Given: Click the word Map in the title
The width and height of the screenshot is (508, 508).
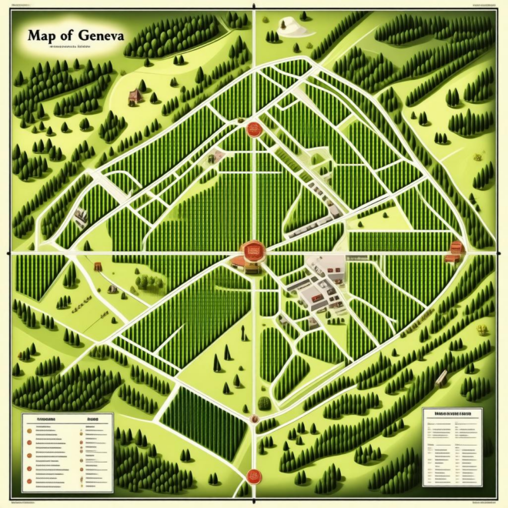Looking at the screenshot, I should coord(42,35).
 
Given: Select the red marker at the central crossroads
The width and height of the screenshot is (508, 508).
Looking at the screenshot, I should coord(251,250).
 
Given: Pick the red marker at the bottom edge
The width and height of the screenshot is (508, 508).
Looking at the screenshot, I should coord(252,475).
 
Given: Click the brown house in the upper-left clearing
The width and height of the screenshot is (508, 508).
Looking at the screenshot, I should coord(135,96).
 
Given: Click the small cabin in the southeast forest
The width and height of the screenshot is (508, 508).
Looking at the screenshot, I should coord(441,378).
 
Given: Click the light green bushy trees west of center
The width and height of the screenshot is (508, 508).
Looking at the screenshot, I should coord(146,281).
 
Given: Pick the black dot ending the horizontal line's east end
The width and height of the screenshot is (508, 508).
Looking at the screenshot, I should coord(498,252).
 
